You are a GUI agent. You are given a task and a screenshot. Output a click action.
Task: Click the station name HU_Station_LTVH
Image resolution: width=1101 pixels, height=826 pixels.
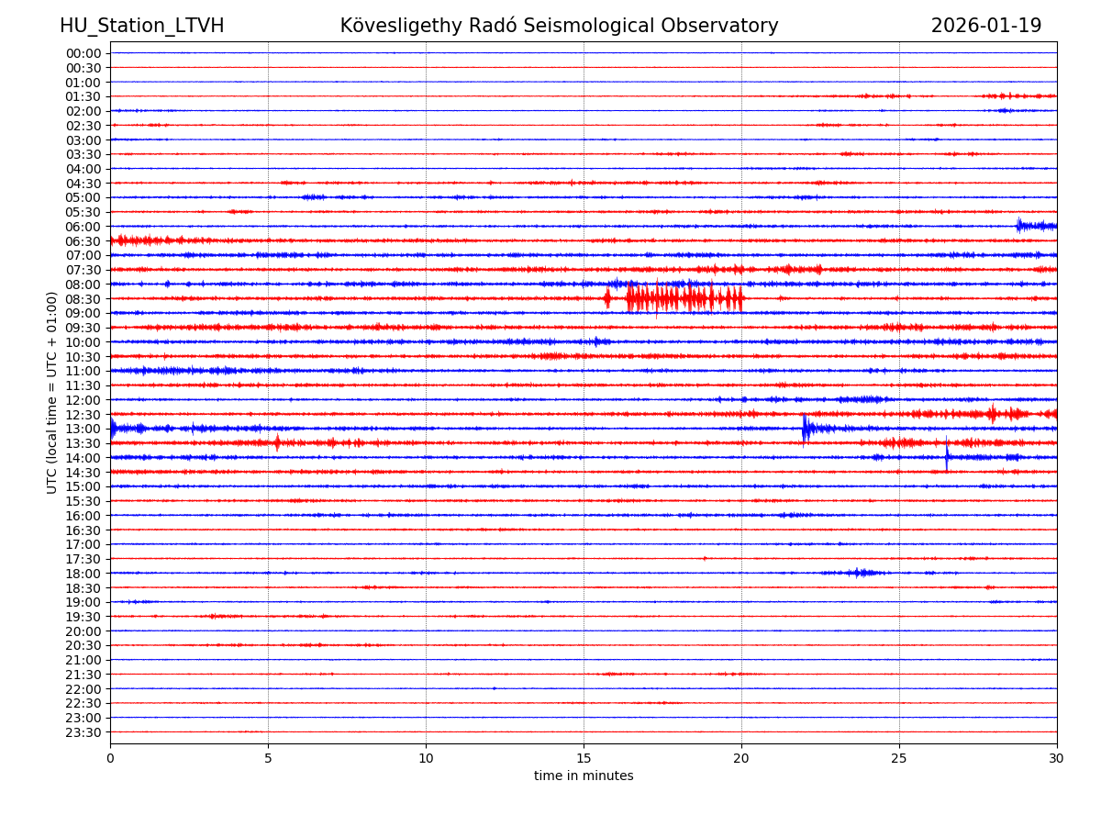coord(141,26)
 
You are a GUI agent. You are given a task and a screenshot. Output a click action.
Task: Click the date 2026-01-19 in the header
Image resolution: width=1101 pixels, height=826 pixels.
coord(985,26)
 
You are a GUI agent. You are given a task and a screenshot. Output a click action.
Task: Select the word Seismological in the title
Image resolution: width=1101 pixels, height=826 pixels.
coord(606,26)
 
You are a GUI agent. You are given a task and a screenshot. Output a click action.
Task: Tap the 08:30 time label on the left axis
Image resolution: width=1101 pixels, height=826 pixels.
coord(83,299)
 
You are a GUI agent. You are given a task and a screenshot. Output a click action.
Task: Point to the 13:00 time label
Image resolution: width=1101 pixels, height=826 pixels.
coord(83,429)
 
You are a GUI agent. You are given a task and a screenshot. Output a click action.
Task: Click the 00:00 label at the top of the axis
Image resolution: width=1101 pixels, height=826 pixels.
coord(83,53)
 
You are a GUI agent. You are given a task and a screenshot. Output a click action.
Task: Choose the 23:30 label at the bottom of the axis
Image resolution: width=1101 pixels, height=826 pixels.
coord(83,732)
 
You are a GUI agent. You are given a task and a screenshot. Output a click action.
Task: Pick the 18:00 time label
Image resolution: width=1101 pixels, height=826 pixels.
coord(83,574)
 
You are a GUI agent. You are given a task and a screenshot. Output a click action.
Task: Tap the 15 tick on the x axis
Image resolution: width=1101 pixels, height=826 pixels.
coord(584,759)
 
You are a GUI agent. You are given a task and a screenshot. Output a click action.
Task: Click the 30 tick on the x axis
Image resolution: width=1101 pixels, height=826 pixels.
coord(1057,759)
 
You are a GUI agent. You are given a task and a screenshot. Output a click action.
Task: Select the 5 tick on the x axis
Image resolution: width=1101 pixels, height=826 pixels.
coord(268,759)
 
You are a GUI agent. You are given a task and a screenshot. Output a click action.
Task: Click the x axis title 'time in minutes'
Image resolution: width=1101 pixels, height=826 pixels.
coord(584,776)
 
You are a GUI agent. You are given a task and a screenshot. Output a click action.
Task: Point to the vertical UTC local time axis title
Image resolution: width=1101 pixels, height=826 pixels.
coord(52,392)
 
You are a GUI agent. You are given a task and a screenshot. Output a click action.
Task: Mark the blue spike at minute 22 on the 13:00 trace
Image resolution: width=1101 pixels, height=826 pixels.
coord(806,428)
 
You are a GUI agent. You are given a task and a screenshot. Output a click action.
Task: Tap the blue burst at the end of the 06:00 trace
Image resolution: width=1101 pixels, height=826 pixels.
coord(1035,226)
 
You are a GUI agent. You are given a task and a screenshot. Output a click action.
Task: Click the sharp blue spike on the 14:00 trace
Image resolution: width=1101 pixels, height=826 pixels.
coord(947,456)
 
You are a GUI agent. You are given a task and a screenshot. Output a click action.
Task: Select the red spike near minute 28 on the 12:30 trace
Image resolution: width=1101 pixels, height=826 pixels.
coord(993,414)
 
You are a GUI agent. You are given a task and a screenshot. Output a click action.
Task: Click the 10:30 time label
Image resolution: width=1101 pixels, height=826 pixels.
coord(83,357)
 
